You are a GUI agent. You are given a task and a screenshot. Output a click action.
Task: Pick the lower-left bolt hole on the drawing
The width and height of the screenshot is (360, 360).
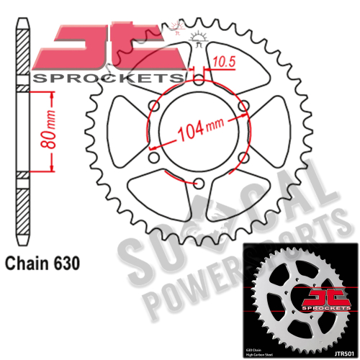coord(153,160)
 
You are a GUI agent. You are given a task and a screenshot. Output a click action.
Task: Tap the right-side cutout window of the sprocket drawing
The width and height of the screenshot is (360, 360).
coord(267,130)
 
